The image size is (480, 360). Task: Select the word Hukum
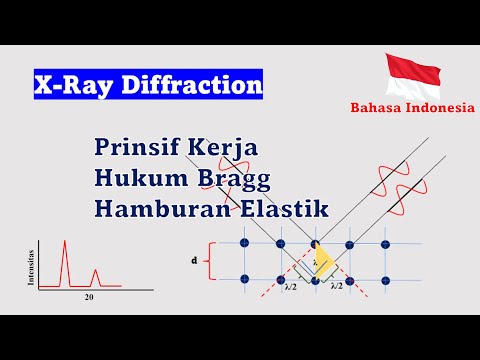pos(135,180)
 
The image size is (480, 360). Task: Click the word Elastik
pos(251,213)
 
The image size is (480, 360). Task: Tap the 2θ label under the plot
pos(88,297)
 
